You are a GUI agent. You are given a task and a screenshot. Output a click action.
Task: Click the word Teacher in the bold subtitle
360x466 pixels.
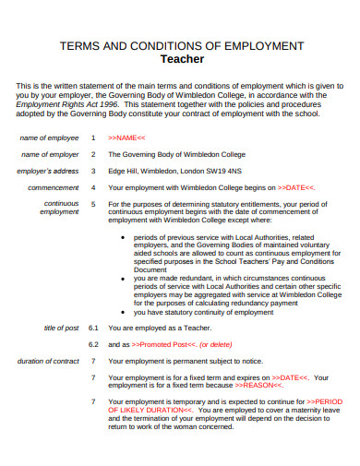182,58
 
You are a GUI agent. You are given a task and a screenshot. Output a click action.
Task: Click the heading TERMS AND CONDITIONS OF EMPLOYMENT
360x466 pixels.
182,44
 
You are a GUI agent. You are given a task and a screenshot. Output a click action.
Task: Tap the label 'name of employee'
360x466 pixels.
50,137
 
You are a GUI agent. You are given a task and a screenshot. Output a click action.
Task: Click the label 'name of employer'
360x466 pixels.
50,154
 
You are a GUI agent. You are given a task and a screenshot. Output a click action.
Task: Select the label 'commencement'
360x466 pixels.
54,187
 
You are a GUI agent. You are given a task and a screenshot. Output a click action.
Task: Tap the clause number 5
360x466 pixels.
92,204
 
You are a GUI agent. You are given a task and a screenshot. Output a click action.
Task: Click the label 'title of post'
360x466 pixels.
62,328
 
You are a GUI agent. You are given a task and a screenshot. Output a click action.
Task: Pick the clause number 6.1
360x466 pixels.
92,328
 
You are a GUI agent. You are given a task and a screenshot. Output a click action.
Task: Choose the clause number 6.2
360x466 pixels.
92,344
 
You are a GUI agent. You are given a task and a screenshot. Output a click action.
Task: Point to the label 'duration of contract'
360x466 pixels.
48,361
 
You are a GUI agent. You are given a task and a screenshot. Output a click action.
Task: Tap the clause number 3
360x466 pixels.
92,171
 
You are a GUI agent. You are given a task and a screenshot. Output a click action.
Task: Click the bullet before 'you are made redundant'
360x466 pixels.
125,277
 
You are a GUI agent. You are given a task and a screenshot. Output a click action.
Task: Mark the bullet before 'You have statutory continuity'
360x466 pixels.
125,311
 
